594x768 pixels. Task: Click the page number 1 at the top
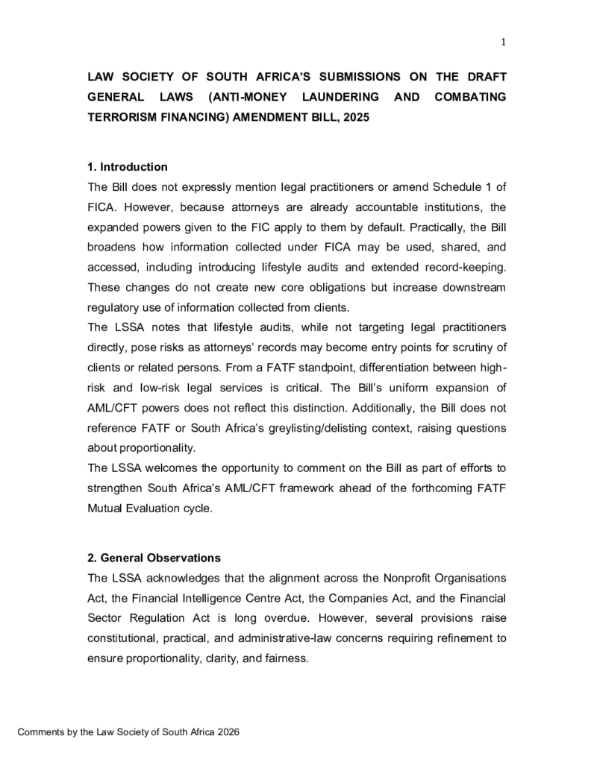(x=503, y=42)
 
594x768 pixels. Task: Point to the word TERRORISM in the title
(x=121, y=118)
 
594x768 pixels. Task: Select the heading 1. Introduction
(x=128, y=166)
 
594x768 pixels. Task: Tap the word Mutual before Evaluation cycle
(x=107, y=509)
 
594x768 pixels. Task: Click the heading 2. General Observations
(x=154, y=557)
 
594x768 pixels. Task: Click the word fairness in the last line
(x=284, y=658)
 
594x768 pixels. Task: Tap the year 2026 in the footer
(x=228, y=733)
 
